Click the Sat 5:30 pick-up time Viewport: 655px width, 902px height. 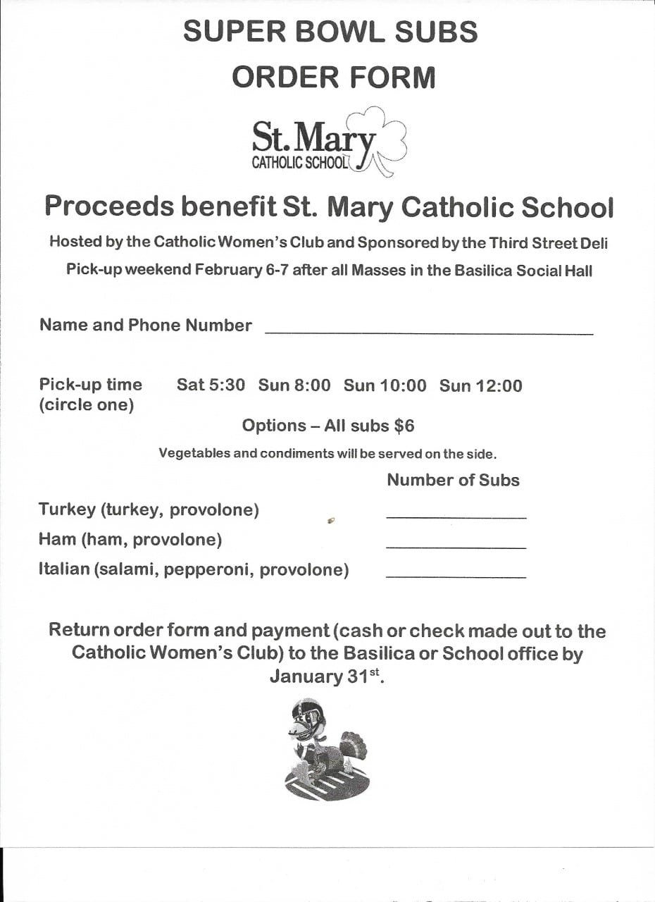coord(211,385)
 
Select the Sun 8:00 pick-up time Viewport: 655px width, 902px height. coord(294,385)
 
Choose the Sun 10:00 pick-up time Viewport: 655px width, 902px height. coord(385,385)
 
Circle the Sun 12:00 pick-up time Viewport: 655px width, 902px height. coord(481,385)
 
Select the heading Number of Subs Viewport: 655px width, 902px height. coord(453,480)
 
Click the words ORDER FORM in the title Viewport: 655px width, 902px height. coord(334,78)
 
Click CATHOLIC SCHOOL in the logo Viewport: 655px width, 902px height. coord(300,163)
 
